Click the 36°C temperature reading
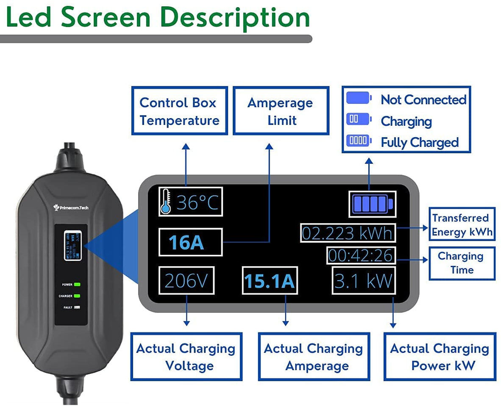[x=197, y=203]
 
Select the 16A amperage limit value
[x=186, y=243]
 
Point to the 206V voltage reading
[x=186, y=281]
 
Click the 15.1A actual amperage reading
[x=269, y=281]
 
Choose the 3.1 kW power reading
[x=364, y=281]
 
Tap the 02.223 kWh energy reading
[x=348, y=233]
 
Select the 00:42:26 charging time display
[x=361, y=256]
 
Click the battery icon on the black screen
[x=371, y=203]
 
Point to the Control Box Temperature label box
[x=179, y=111]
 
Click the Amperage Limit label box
[x=281, y=111]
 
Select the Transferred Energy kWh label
[x=462, y=224]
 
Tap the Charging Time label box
[x=462, y=263]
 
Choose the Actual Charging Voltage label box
[x=186, y=356]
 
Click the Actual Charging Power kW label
[x=440, y=356]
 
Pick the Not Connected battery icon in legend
[x=359, y=99]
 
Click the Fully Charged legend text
[x=419, y=142]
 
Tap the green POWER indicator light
[x=77, y=285]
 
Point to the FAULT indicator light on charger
[x=77, y=307]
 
